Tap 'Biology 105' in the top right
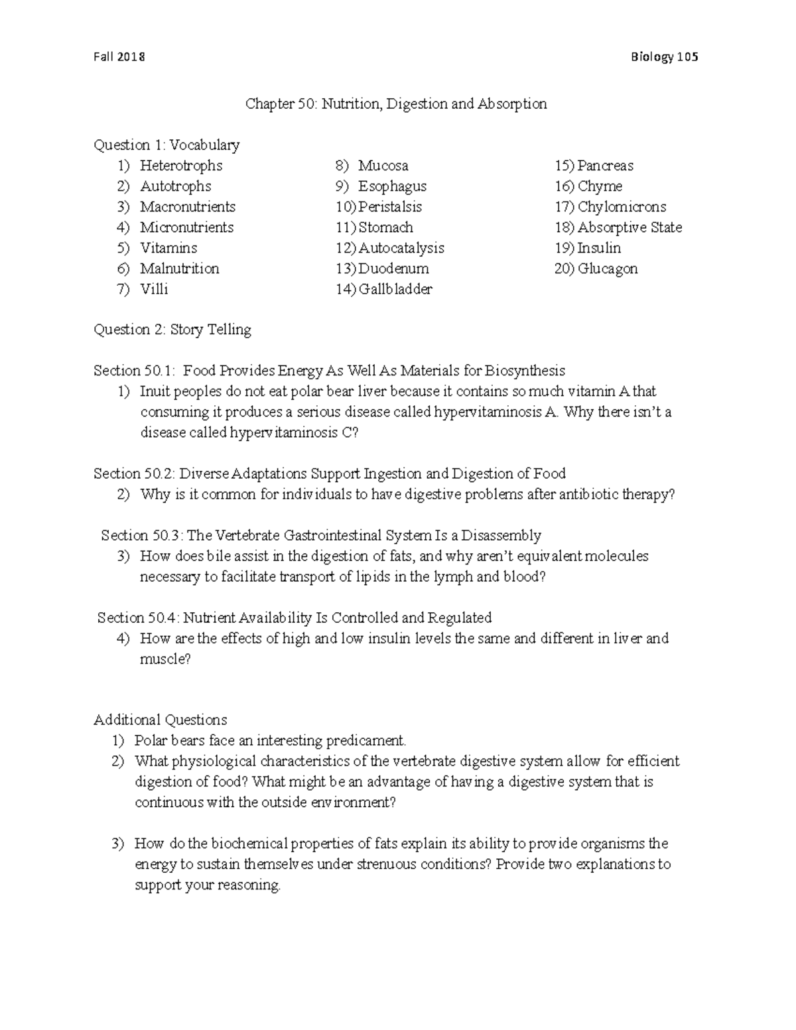click(665, 57)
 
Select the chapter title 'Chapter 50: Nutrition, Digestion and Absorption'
click(396, 104)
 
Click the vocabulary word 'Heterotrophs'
click(181, 166)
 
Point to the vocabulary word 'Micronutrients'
click(186, 227)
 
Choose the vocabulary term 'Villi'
click(154, 289)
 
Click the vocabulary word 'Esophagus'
click(392, 186)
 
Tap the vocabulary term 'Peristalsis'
click(390, 207)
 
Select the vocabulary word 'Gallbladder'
click(395, 289)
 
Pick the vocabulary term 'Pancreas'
click(605, 166)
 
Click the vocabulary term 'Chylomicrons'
click(622, 207)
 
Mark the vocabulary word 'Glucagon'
click(608, 269)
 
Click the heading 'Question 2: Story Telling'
click(172, 330)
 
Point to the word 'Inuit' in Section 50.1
click(155, 391)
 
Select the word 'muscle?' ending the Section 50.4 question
click(165, 659)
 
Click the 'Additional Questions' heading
click(161, 720)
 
